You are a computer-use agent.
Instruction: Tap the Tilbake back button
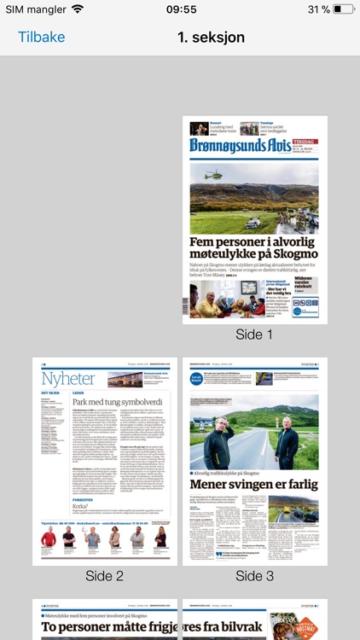[41, 38]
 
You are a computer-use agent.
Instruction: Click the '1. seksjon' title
[211, 38]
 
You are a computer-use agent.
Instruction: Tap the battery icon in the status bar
[344, 9]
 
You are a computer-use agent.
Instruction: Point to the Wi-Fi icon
[78, 9]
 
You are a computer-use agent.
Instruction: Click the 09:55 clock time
[181, 9]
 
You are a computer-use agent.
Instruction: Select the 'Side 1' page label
[254, 335]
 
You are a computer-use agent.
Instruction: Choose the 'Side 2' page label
[104, 576]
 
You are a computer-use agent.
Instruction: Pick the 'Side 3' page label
[254, 576]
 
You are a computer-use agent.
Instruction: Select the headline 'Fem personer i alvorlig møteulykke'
[254, 249]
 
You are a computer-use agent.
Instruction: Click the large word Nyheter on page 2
[64, 378]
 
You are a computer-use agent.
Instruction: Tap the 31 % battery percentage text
[318, 9]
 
